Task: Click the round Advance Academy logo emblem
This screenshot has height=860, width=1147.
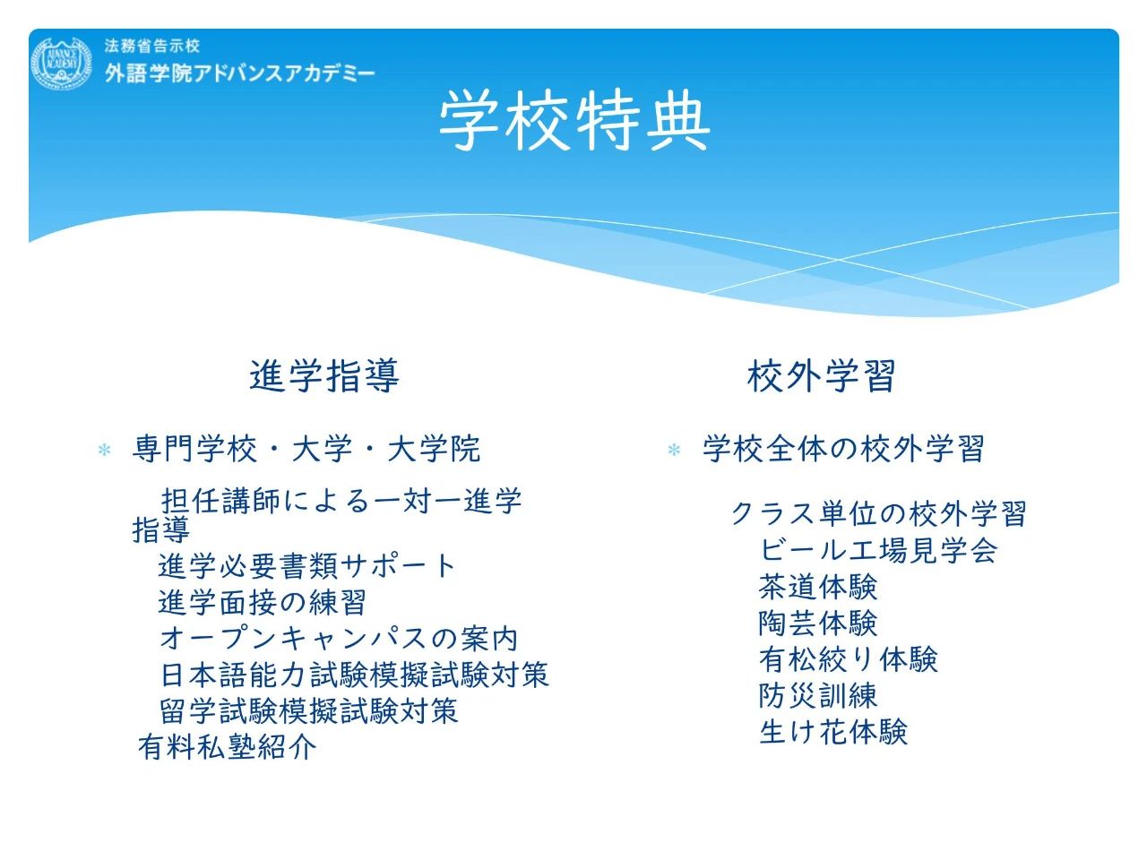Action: point(61,62)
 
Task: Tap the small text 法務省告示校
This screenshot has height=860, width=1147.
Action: point(151,46)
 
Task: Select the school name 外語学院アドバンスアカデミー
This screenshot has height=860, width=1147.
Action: point(240,73)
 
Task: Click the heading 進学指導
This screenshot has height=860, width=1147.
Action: point(324,375)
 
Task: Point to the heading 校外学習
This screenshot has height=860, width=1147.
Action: point(821,375)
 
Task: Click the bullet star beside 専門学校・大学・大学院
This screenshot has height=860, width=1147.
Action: point(105,450)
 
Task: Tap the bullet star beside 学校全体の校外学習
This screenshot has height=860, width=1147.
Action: point(674,450)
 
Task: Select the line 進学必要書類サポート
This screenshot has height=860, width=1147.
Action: point(306,566)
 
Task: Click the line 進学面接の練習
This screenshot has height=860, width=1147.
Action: point(262,603)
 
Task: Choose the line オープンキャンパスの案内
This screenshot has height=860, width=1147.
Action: point(339,639)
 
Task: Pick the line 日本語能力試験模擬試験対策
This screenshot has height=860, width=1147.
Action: point(355,674)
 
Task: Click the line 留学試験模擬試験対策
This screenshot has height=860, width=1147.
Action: point(309,710)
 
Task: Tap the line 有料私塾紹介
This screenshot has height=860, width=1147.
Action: point(228,747)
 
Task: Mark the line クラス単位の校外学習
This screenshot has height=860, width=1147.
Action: point(878,514)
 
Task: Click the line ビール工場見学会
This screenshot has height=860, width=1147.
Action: point(878,550)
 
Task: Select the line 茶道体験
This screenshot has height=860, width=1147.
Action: point(818,587)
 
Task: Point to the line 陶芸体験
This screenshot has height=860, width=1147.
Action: point(818,623)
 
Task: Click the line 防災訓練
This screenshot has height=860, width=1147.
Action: point(818,695)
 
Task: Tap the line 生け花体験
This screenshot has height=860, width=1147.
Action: point(833,732)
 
